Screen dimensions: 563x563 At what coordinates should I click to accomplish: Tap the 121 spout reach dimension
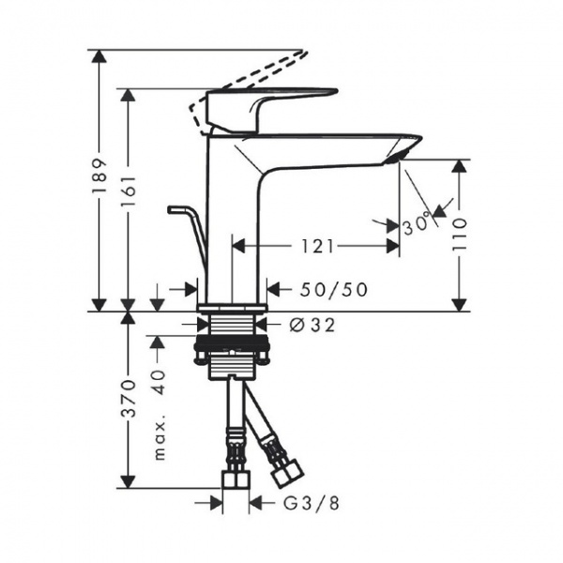point(318,247)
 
